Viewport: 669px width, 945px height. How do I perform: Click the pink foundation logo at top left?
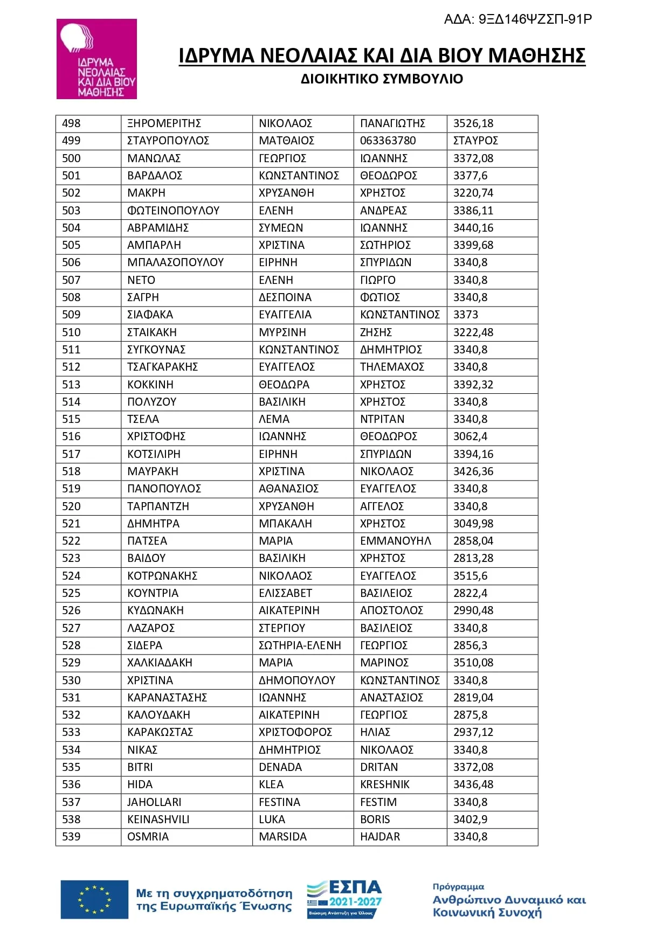click(x=96, y=59)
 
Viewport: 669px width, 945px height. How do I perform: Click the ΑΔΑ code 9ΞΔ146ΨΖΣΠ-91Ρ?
click(x=518, y=19)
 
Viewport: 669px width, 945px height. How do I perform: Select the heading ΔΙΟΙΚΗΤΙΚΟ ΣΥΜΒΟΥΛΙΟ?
click(x=382, y=79)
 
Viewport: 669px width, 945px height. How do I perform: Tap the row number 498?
click(x=71, y=123)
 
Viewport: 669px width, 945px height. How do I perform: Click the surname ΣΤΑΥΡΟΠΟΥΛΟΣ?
click(x=168, y=141)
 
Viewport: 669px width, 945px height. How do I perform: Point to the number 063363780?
click(x=388, y=141)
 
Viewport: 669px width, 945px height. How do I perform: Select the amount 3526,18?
click(x=473, y=123)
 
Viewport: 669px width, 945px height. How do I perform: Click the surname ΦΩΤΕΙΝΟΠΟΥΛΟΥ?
click(x=173, y=211)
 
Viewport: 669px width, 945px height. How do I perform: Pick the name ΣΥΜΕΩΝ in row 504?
click(x=281, y=228)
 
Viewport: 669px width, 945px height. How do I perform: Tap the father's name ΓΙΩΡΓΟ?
click(x=377, y=280)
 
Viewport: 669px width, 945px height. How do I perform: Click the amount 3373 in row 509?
click(x=465, y=315)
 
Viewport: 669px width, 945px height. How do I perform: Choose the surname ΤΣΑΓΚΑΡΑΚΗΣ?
click(x=162, y=367)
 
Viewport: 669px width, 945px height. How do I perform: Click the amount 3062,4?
click(x=470, y=436)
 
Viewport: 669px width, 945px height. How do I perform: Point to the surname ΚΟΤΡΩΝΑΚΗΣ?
click(x=162, y=575)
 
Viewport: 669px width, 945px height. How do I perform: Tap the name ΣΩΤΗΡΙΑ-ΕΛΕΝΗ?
click(x=300, y=645)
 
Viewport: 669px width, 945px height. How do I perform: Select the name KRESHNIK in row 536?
click(x=384, y=784)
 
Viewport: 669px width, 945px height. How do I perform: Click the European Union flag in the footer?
click(x=94, y=900)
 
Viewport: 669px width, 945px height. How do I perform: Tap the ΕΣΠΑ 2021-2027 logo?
click(x=344, y=899)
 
